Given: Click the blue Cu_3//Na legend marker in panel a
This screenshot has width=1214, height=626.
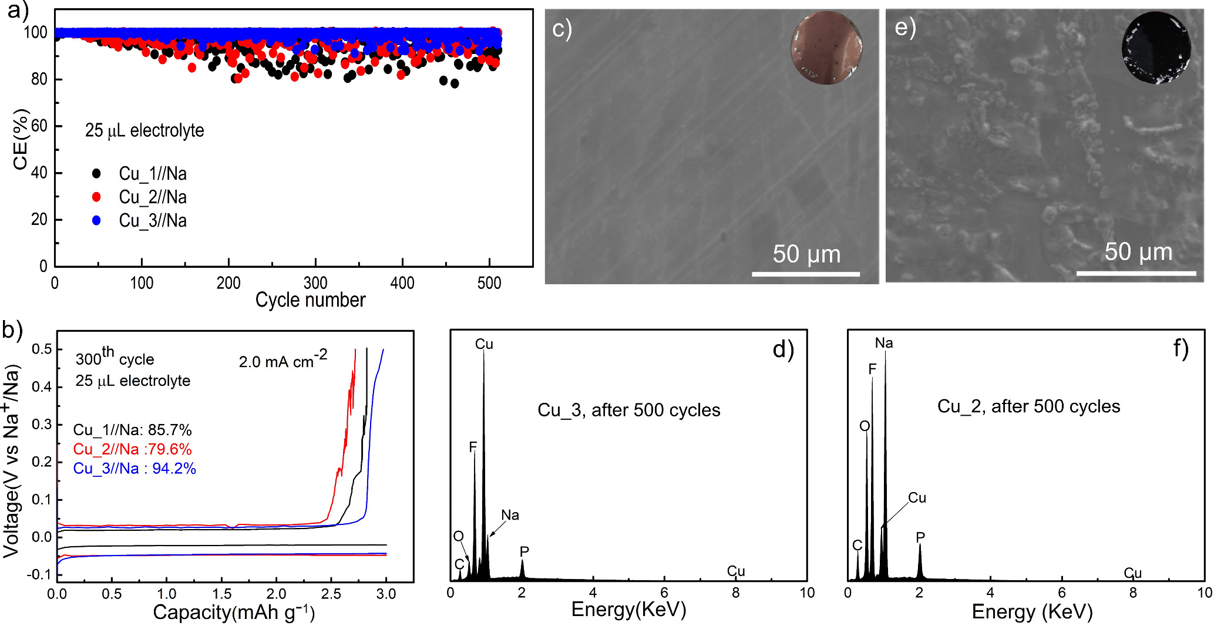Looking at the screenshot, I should (x=96, y=220).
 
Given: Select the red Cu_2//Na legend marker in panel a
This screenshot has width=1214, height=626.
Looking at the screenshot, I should (x=96, y=197).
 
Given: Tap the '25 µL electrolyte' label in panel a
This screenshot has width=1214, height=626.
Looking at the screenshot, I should (x=144, y=130).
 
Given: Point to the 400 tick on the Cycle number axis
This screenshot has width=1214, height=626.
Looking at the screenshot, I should (x=402, y=284).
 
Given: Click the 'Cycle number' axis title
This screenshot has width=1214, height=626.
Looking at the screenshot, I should (x=310, y=300).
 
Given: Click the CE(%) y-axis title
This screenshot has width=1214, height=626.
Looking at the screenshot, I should (x=21, y=139).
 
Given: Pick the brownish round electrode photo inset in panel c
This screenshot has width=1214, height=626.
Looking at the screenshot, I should (x=826, y=48).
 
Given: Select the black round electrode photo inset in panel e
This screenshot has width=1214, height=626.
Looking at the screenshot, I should (x=1156, y=48).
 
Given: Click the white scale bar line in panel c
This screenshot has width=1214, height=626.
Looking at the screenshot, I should (x=805, y=274).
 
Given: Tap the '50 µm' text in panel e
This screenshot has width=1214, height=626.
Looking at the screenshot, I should (x=1138, y=252).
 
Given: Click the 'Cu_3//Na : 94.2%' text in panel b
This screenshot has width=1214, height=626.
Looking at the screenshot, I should (x=134, y=469).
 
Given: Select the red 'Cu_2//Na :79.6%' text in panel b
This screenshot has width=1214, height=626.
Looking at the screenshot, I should (x=132, y=449).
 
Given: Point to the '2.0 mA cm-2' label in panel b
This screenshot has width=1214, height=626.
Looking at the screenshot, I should (x=283, y=359).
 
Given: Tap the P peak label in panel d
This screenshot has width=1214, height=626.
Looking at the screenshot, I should (x=524, y=551).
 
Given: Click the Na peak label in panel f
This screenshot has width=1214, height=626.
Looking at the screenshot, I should (x=883, y=343).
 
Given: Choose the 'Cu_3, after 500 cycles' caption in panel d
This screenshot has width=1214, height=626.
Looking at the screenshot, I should (x=628, y=410).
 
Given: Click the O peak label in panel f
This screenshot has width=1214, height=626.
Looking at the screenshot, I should (x=864, y=426).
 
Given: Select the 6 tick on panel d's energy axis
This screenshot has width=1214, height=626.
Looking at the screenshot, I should (x=664, y=593).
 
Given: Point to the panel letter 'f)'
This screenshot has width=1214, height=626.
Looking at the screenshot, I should (x=1181, y=348).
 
